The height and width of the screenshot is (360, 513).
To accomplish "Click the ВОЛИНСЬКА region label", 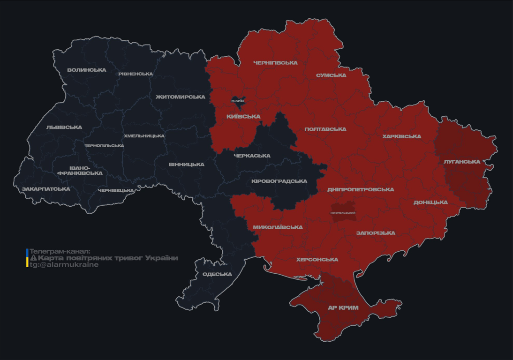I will tap(87, 70).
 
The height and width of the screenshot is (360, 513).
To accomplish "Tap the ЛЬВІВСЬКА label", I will tap(64, 127).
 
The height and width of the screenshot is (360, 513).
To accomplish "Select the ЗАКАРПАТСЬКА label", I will tap(46, 189).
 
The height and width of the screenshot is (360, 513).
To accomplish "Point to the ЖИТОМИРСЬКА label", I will tap(181, 97).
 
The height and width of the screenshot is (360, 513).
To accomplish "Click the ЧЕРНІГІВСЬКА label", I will tap(275, 63).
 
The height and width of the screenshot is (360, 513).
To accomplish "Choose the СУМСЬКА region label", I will tap(331, 75).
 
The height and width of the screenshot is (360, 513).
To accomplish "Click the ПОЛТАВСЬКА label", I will tap(325, 129).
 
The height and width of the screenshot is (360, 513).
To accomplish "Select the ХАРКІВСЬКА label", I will tap(401, 137).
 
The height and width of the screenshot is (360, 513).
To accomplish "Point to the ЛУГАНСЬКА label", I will tap(462, 162).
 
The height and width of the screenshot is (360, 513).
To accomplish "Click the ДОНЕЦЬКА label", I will tap(430, 202).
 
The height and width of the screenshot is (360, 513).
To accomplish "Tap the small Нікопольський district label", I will tap(343, 213).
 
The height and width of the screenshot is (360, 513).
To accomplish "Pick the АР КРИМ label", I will tap(343, 308).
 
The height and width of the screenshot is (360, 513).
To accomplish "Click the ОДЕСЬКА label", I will tap(217, 274).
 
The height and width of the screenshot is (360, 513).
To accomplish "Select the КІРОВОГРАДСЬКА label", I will tap(279, 181).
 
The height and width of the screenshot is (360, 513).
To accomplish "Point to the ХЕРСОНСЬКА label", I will tap(317, 260).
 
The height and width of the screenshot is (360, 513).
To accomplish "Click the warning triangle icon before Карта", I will tap(33, 258).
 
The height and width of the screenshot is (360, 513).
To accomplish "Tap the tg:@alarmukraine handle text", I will tap(64, 265).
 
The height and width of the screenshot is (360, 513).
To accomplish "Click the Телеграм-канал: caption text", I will tap(60, 251).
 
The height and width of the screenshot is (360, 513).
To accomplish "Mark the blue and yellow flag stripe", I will tap(27, 258).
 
